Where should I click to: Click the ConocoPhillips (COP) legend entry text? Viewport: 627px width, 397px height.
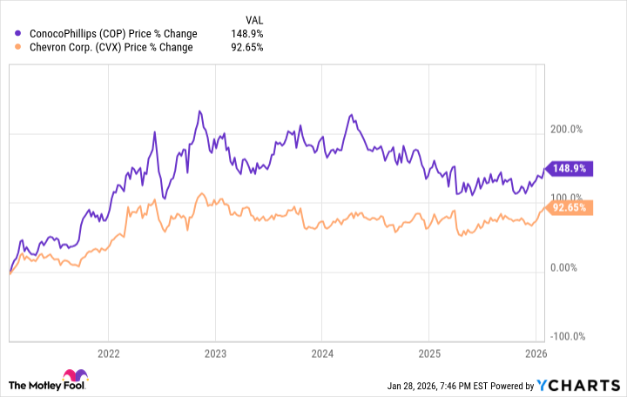(112, 34)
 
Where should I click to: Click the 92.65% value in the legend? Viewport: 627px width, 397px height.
(246, 47)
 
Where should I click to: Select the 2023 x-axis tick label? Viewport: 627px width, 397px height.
(215, 354)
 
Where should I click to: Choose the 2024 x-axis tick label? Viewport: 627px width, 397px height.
(321, 354)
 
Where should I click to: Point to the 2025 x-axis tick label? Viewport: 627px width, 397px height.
(428, 354)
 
